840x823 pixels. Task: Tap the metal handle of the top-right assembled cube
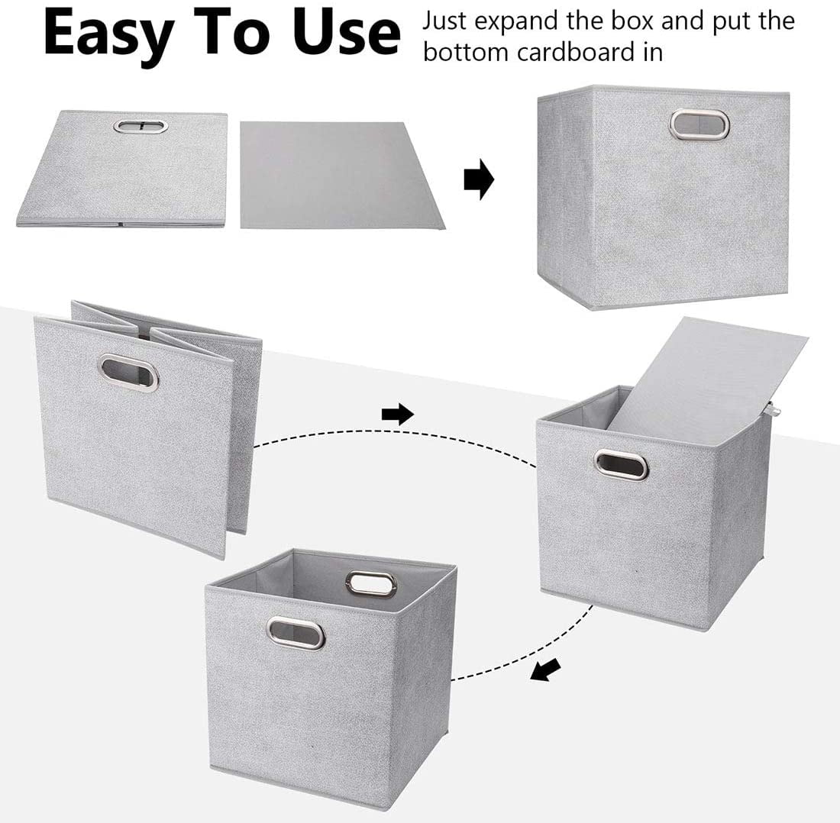point(699,124)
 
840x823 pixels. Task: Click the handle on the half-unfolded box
point(128,373)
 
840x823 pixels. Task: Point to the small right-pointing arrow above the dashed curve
point(397,415)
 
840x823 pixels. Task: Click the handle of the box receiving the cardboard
point(621,464)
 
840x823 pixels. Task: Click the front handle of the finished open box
point(296,632)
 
